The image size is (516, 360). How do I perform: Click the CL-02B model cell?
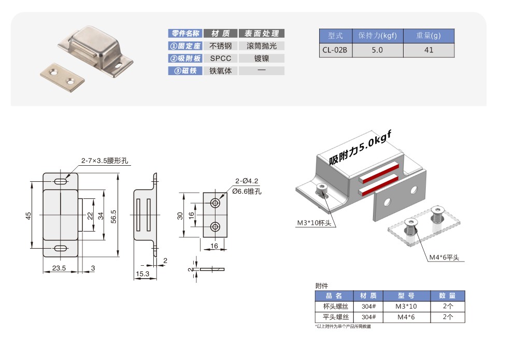click(335, 50)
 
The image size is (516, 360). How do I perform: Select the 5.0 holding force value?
click(377, 50)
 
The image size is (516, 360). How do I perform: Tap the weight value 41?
click(428, 50)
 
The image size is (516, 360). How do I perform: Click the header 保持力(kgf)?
click(377, 36)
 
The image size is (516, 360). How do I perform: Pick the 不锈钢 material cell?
click(220, 46)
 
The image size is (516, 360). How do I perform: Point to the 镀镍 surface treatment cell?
click(262, 59)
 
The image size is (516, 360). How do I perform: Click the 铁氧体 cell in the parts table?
click(220, 71)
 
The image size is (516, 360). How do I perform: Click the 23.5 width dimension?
click(59, 268)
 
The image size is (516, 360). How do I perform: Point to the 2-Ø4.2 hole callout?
click(246, 181)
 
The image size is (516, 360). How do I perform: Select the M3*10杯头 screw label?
click(314, 223)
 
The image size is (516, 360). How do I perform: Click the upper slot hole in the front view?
click(61, 182)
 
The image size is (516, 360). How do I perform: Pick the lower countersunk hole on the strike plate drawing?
click(215, 226)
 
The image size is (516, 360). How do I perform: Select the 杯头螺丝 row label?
click(335, 307)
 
